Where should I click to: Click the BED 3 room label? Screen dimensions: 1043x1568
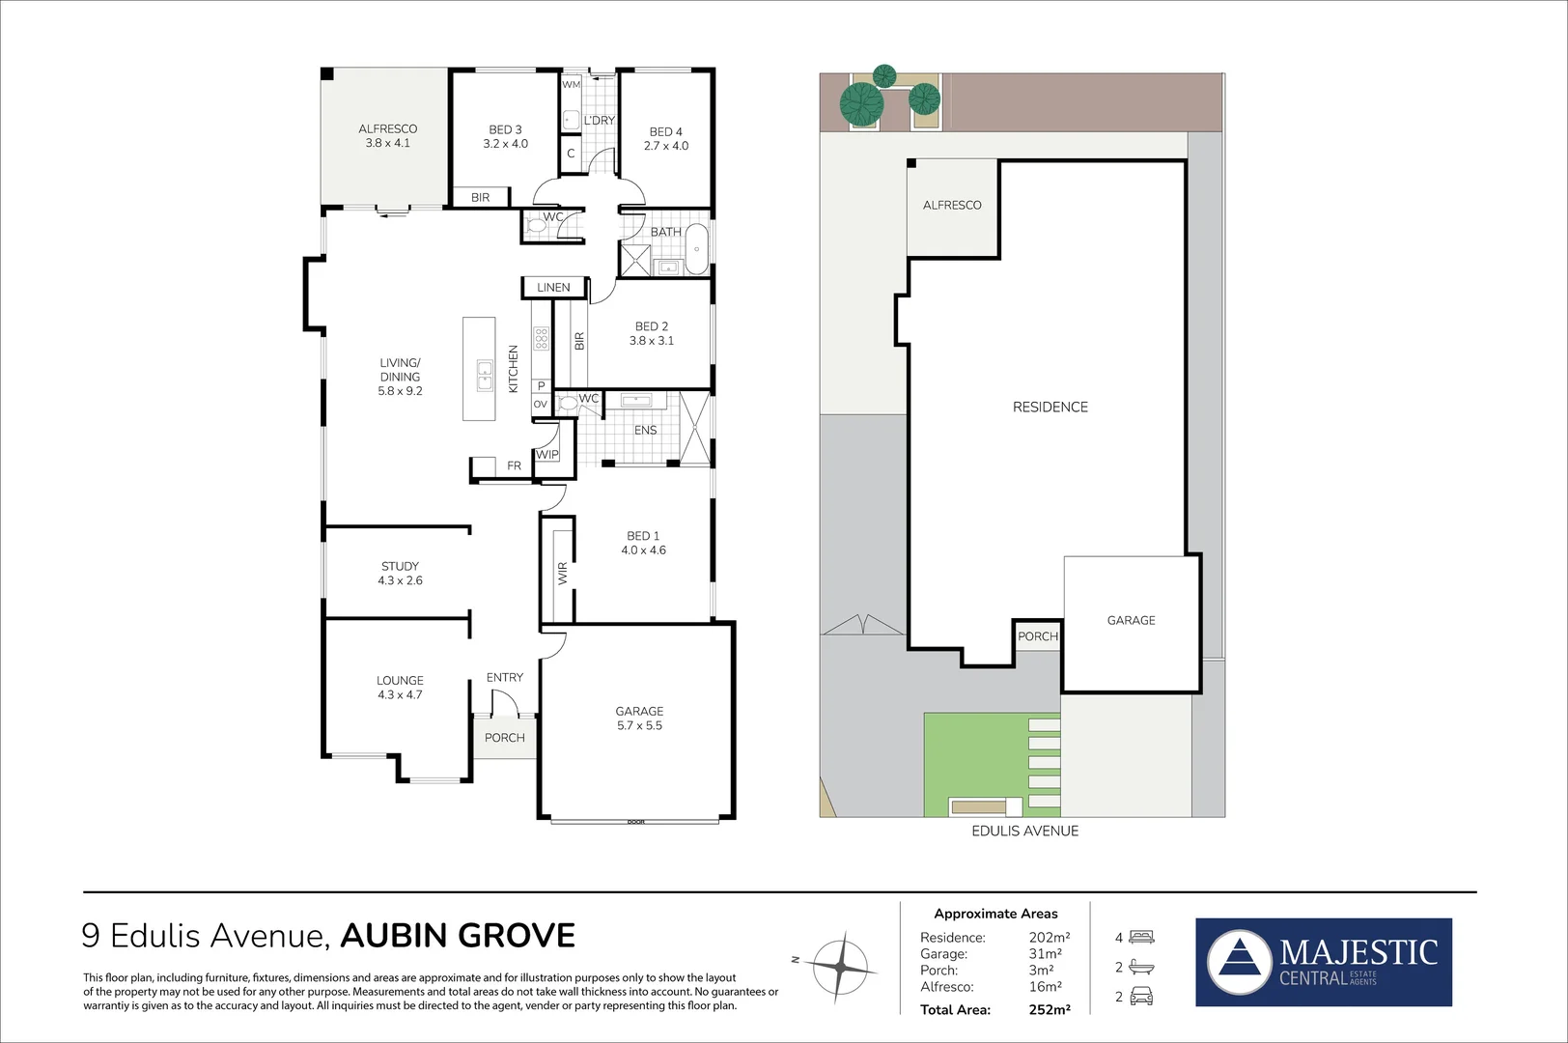[505, 136]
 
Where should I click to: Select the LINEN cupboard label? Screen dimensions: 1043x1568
[553, 287]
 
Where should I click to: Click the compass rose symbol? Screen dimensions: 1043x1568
[842, 963]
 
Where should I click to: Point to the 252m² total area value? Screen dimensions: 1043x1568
[1049, 1010]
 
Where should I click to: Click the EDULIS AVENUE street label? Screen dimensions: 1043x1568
[1024, 831]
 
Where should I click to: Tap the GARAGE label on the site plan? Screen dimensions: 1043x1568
[1131, 620]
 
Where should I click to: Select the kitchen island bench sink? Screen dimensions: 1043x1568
[485, 374]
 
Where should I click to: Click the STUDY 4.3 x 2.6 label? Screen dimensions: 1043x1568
[400, 573]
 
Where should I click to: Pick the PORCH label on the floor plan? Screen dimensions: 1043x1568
[504, 737]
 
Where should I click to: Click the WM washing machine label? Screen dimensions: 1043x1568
[571, 85]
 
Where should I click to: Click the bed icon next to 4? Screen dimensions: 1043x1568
[1141, 937]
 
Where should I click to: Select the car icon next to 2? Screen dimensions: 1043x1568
[1141, 997]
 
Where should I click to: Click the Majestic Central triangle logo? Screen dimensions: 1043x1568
[1239, 962]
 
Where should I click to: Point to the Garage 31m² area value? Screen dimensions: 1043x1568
[1045, 954]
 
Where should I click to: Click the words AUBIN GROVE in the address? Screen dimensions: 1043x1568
[458, 936]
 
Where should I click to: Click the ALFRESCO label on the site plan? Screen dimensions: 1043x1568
[951, 205]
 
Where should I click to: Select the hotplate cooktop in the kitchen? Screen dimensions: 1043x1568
[542, 338]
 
